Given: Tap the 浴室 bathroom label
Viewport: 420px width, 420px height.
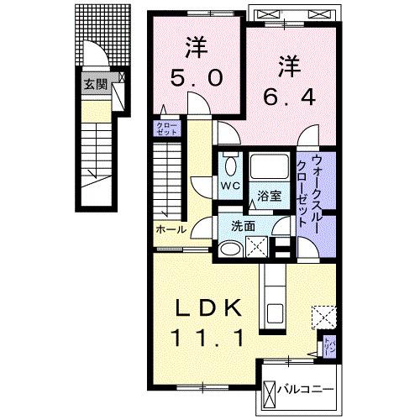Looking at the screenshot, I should [x=270, y=197].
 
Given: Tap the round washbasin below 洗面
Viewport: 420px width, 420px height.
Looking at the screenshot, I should [x=228, y=249].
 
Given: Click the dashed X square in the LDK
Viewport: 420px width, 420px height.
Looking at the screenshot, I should [x=323, y=318].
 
